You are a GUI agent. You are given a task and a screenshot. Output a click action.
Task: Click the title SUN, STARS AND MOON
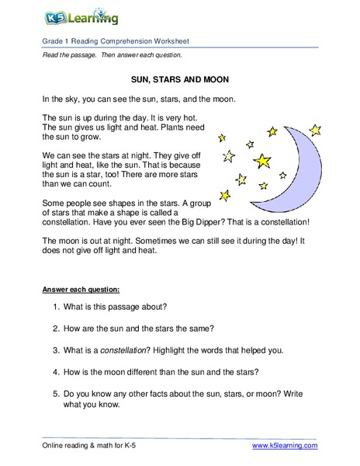(x=180, y=79)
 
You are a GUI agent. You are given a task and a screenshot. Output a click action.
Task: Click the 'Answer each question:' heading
(x=80, y=290)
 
